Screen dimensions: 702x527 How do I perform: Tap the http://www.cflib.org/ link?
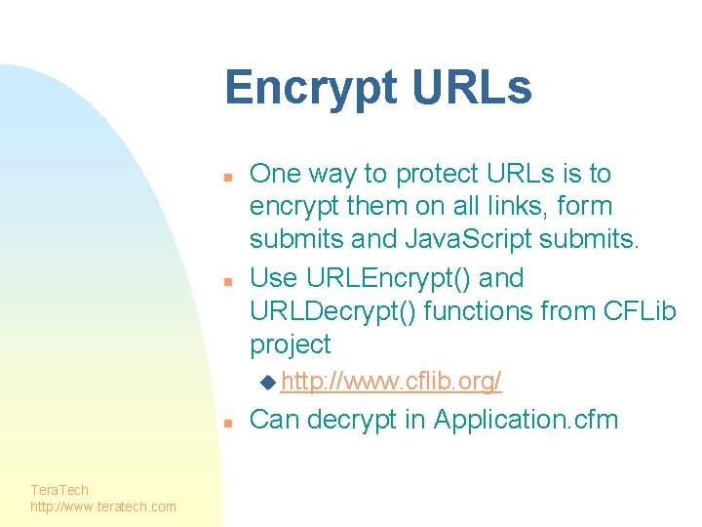[x=390, y=382]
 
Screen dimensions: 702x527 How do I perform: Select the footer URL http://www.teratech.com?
[x=103, y=507]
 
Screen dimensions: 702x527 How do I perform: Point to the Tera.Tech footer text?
[x=59, y=490]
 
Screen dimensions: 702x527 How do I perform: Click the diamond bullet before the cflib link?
[x=268, y=381]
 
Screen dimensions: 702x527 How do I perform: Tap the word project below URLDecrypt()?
[x=291, y=345]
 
